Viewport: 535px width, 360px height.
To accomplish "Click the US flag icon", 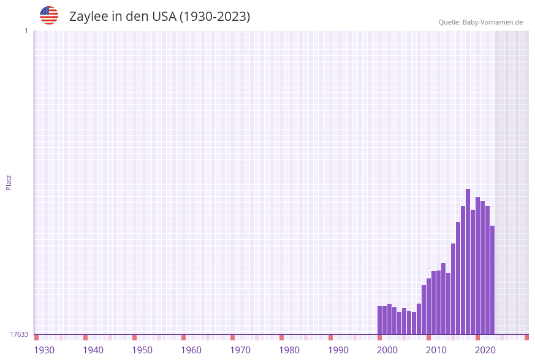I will [x=49, y=15].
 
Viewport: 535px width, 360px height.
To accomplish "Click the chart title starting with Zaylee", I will [x=159, y=17].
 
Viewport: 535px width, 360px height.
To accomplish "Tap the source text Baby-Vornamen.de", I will [x=480, y=22].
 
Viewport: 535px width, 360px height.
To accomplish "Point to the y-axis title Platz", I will [x=9, y=182].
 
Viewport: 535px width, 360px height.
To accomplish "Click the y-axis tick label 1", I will [x=26, y=31].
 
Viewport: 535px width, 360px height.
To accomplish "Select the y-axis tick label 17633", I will [x=19, y=334].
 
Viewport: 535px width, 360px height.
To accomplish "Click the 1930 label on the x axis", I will [x=44, y=350].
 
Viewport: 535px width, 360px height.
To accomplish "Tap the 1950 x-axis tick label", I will [x=142, y=350].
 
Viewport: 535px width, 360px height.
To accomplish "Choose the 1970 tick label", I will [x=240, y=350].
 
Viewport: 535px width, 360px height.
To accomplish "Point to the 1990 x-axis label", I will [x=338, y=350].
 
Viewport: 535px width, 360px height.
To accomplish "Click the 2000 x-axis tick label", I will [x=387, y=350].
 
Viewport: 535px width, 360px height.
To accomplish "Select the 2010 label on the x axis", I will [x=436, y=350].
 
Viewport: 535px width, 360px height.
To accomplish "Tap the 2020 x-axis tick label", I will [x=485, y=350].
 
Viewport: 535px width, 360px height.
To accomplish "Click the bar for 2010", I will [x=433, y=303].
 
